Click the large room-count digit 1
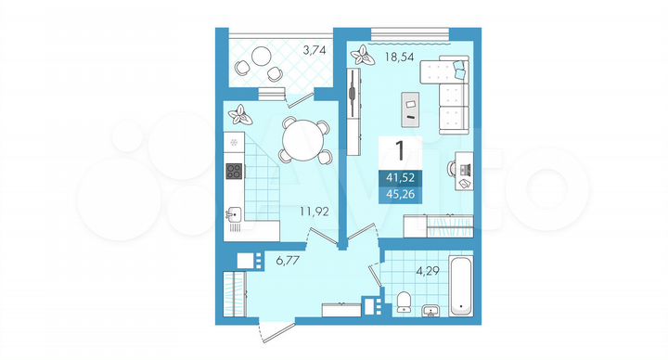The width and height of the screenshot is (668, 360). [x=400, y=150]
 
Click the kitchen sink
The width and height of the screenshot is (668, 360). [x=235, y=215]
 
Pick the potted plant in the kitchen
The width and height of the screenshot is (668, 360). [x=241, y=115]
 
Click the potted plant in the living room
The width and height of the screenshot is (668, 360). [x=359, y=55]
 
